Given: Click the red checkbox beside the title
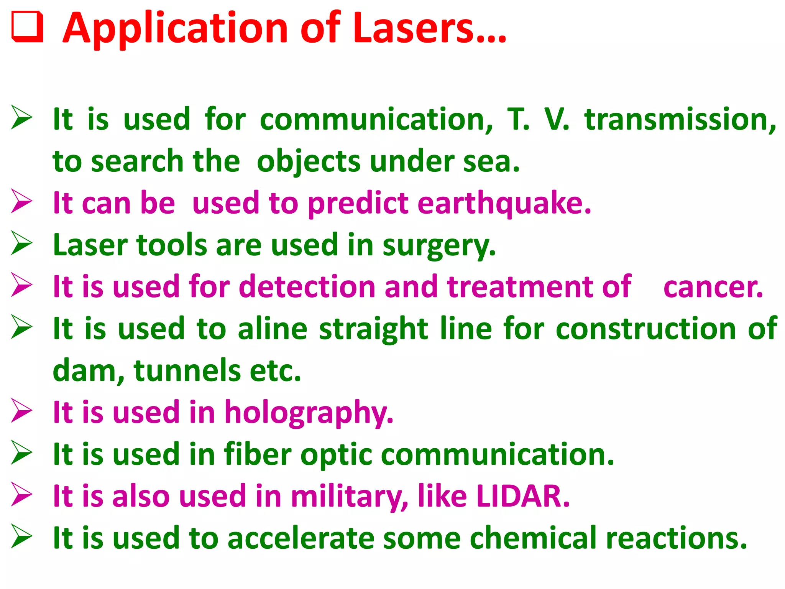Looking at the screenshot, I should (x=27, y=27).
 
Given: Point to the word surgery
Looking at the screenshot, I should (x=439, y=245).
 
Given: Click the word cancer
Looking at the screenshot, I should (x=713, y=287).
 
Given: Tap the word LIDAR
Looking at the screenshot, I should (x=523, y=496).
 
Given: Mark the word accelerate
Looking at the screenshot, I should (x=301, y=538).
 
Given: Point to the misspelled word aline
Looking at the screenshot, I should (x=273, y=329).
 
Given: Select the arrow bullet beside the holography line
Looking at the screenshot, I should (x=21, y=411).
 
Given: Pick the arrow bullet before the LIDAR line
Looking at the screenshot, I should (x=21, y=495).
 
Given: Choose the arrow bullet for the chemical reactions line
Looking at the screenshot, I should (x=21, y=536).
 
